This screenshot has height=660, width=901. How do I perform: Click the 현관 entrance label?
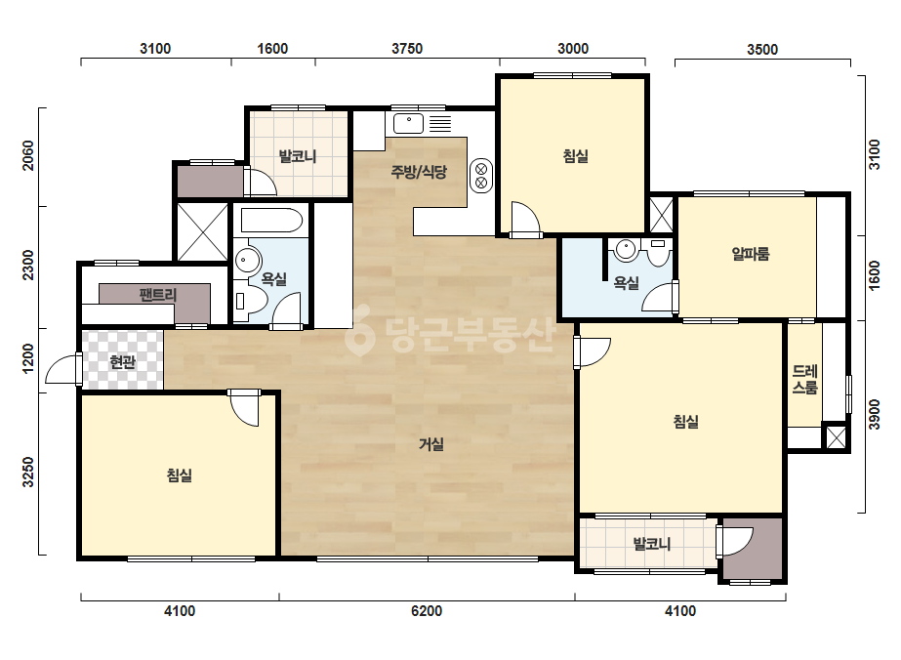click(122, 362)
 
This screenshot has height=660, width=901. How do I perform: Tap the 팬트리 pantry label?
click(157, 295)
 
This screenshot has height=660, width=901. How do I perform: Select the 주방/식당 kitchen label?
click(419, 171)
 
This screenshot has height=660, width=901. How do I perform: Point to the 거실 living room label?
click(430, 444)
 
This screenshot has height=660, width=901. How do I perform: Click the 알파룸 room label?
click(751, 254)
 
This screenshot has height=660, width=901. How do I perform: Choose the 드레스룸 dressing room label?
click(804, 380)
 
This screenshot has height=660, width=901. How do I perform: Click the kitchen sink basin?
click(409, 123)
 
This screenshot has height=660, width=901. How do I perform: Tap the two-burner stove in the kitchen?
click(481, 176)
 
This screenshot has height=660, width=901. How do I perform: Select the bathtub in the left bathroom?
click(271, 221)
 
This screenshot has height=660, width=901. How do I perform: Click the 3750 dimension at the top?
click(407, 49)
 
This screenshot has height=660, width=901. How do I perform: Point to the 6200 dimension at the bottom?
click(427, 610)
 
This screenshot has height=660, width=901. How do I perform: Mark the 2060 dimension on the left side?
click(27, 156)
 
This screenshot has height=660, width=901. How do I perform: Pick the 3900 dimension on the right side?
click(874, 415)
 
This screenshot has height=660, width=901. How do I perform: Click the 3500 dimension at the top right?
click(762, 50)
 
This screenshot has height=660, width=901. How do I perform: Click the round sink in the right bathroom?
click(626, 250)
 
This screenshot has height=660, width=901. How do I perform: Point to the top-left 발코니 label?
click(298, 156)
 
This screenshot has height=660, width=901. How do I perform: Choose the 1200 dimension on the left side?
click(27, 358)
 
